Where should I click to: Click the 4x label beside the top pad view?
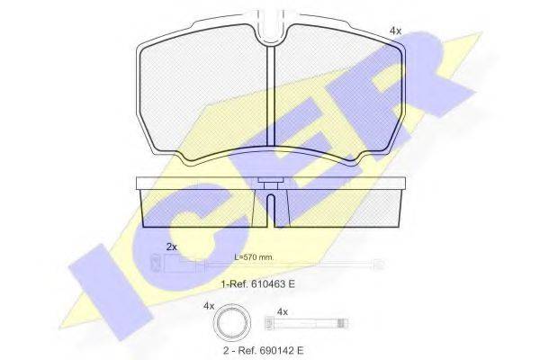[395, 31]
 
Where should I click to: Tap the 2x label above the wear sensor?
[172, 247]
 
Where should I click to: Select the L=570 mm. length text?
[254, 257]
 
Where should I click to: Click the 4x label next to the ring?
[209, 306]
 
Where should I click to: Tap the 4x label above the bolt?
[282, 312]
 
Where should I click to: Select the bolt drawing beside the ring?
[307, 323]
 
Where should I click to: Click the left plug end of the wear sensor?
[157, 263]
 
